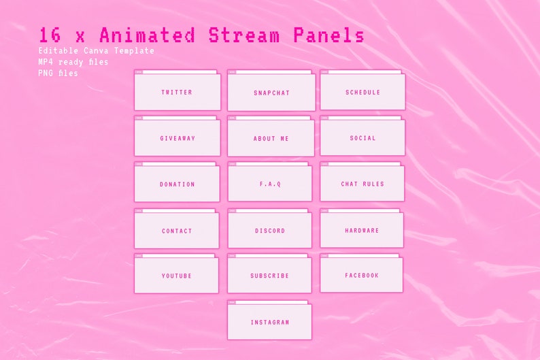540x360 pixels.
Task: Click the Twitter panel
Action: pos(177,92)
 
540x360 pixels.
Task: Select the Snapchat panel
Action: pos(271,93)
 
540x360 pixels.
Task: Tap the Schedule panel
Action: pos(362,92)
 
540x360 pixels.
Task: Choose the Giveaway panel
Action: pos(177,138)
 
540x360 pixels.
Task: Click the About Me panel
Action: pos(271,138)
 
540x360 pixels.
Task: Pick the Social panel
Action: pos(362,137)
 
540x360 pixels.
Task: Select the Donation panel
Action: pos(177,184)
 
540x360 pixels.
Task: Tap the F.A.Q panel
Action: pos(270,184)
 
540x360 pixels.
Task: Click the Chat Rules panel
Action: pos(362,184)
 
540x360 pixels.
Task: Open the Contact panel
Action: pos(177,231)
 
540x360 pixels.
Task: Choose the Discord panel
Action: pos(270,231)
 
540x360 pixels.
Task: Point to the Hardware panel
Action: pos(362,230)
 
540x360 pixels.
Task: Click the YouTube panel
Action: pos(176,276)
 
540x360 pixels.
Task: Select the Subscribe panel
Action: pos(269,276)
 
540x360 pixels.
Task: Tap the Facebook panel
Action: pos(361,275)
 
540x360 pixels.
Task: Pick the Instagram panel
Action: pos(269,322)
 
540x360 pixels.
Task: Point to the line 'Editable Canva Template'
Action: pos(96,51)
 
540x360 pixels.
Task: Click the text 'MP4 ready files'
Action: pos(73,62)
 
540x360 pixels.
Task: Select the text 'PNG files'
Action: pos(58,73)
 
